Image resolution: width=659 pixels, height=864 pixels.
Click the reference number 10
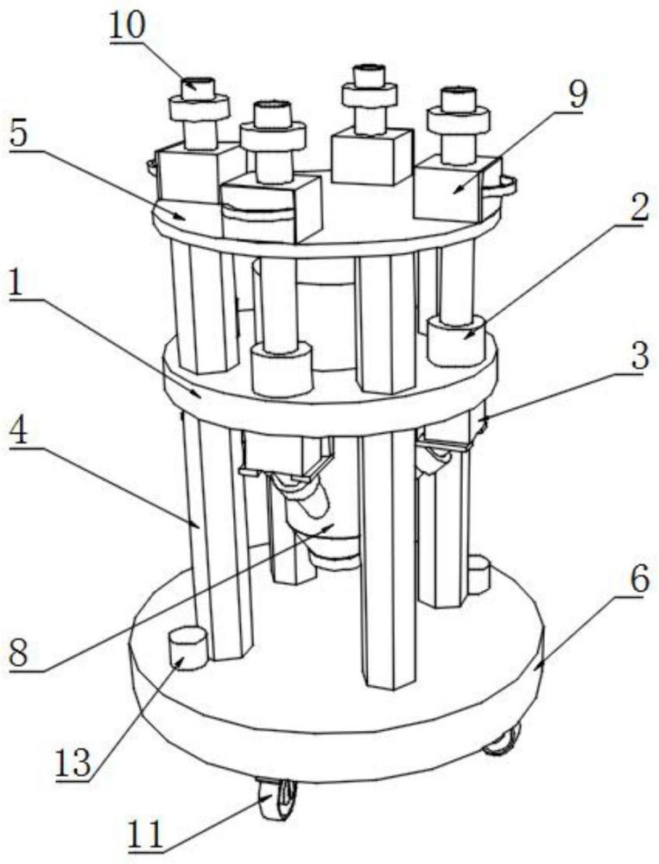coord(129,27)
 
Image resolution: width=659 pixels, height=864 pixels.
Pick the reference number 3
coord(637,357)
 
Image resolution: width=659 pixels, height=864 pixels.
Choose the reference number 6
coord(637,581)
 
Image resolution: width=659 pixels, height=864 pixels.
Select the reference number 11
coord(144,835)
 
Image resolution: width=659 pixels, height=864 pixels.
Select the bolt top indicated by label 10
coord(200,86)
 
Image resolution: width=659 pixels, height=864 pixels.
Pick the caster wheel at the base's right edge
coord(503,739)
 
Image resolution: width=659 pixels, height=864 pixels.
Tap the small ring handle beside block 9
coord(504,182)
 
